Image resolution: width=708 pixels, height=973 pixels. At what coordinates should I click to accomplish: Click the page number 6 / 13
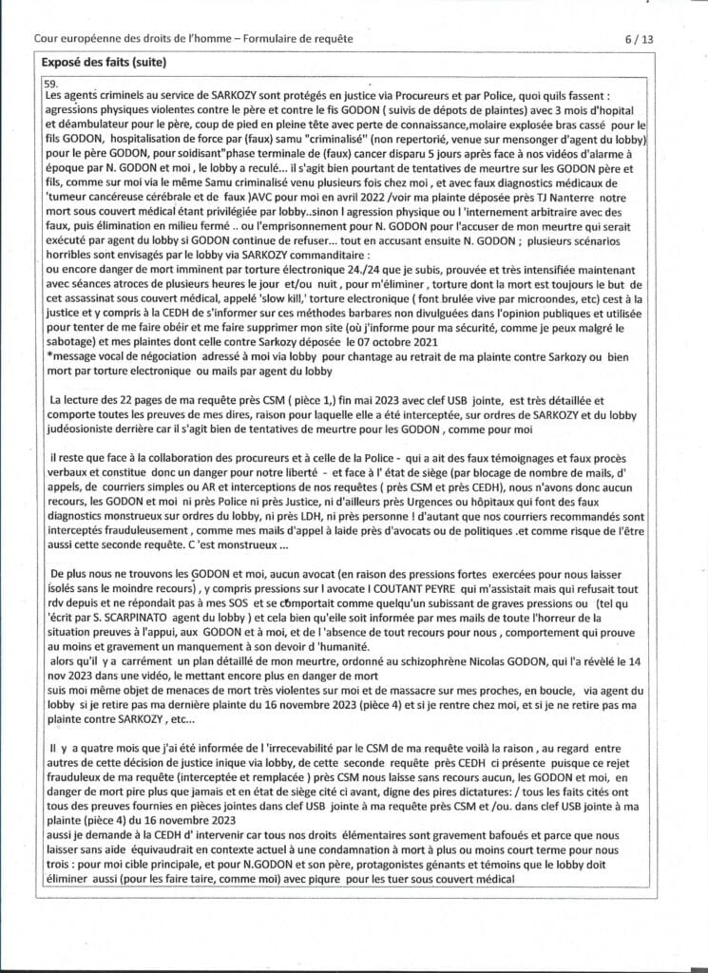(x=639, y=39)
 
